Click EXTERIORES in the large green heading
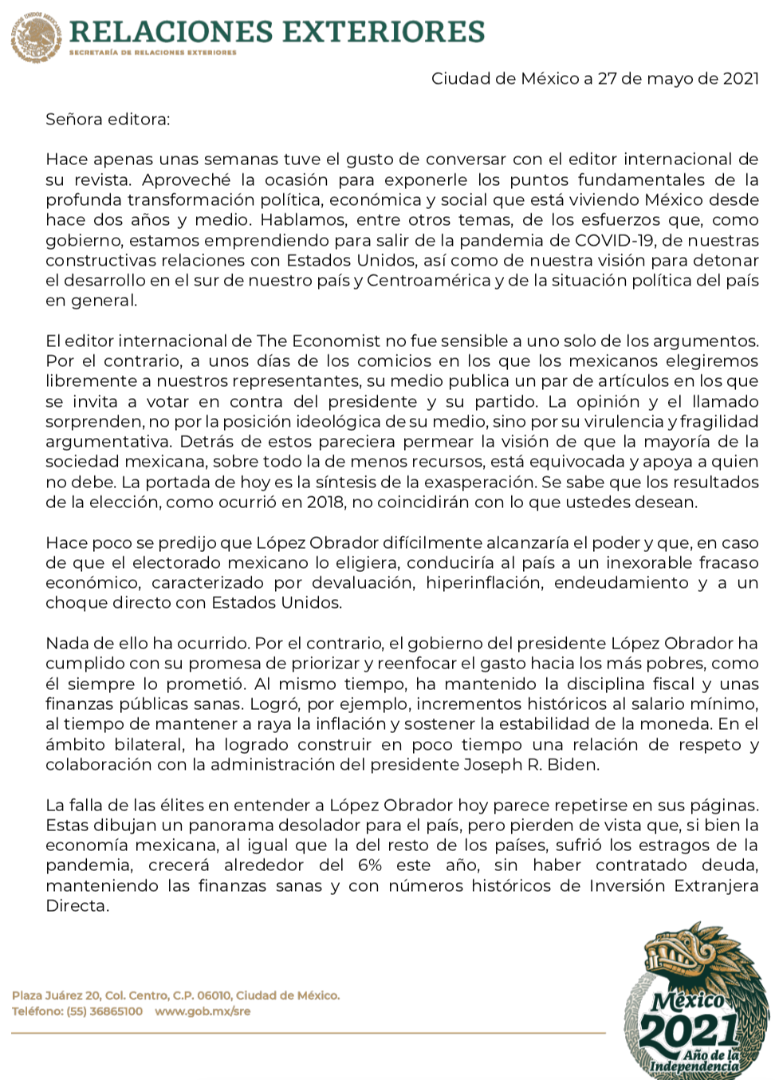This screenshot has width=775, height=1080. pyautogui.click(x=384, y=32)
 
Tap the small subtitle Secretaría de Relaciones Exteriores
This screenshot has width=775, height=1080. pyautogui.click(x=153, y=53)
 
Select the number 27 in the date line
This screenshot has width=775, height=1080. pyautogui.click(x=607, y=79)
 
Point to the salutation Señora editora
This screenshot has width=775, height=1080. pyautogui.click(x=108, y=120)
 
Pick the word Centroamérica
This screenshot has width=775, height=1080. pyautogui.click(x=429, y=280)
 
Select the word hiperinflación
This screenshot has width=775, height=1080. pyautogui.click(x=483, y=582)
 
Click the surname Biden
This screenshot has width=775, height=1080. pyautogui.click(x=572, y=764)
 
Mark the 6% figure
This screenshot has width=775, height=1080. pyautogui.click(x=370, y=865)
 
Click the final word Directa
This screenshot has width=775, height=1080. pyautogui.click(x=77, y=905)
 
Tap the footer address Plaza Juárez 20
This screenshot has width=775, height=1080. pyautogui.click(x=56, y=995)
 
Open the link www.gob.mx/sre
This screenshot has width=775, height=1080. pyautogui.click(x=203, y=1011)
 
